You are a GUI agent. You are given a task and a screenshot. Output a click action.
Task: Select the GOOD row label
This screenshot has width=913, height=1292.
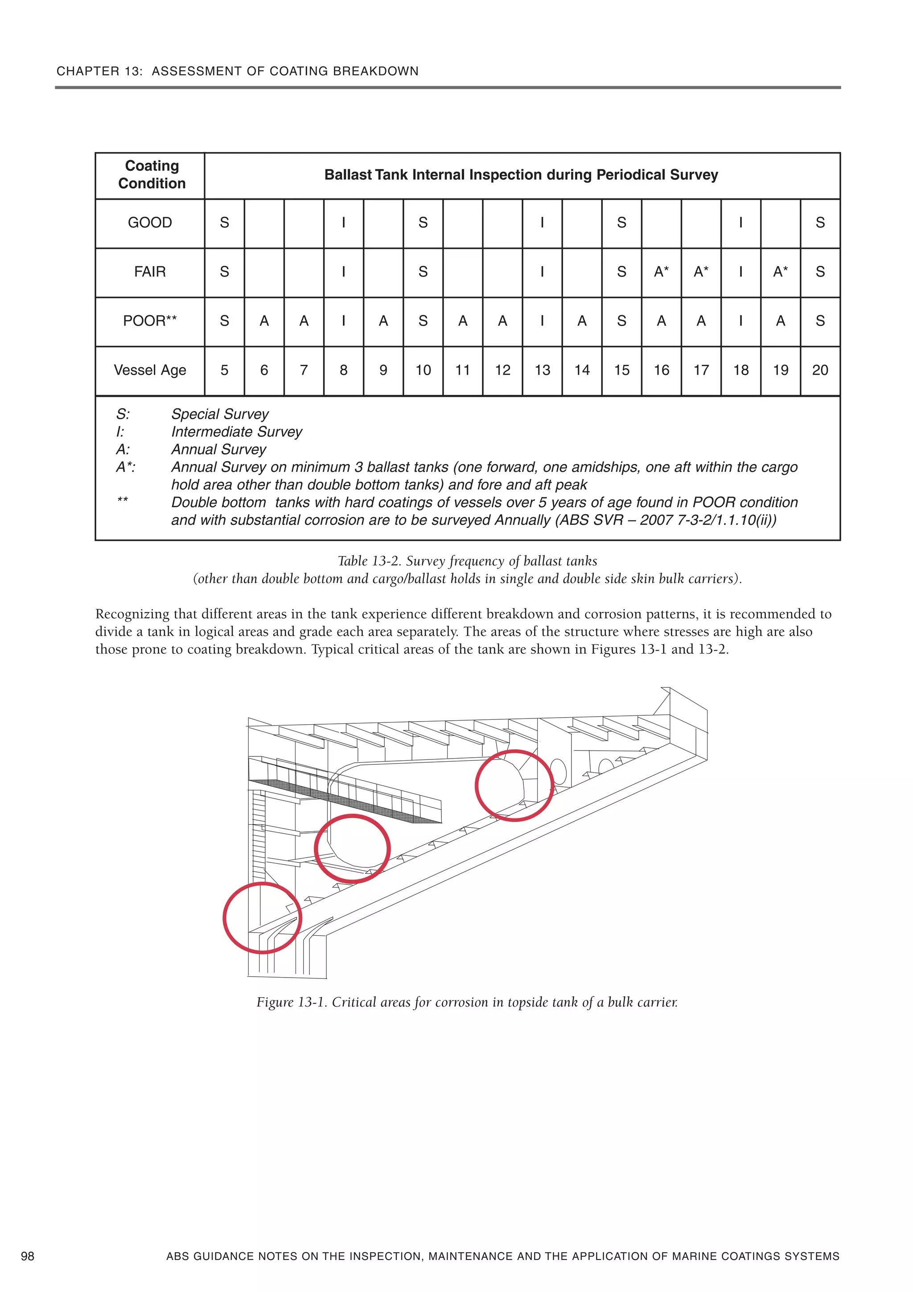[150, 223]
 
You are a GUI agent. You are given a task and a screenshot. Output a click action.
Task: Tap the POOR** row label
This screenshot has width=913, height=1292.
[150, 321]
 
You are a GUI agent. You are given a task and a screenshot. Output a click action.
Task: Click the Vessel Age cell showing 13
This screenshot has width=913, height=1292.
[542, 370]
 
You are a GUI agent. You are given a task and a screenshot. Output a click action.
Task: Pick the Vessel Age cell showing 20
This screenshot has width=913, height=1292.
[820, 370]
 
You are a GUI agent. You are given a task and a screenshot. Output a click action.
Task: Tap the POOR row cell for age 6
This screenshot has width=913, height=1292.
[264, 321]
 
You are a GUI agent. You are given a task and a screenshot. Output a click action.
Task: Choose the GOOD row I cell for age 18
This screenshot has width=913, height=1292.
[740, 223]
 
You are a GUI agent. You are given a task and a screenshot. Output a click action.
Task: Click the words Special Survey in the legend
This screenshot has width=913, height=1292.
[220, 414]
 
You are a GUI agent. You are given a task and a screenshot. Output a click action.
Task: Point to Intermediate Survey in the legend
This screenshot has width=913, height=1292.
[236, 432]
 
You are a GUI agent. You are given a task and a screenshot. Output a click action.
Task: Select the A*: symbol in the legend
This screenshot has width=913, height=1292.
[125, 467]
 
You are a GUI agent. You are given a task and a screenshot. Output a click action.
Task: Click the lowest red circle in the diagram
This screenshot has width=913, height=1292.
[262, 918]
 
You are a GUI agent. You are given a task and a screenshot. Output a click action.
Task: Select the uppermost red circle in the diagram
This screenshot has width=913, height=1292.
[514, 785]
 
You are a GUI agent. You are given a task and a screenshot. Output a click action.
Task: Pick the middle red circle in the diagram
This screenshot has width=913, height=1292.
[352, 849]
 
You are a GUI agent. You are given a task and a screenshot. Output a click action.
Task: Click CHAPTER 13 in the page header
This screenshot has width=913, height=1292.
[99, 71]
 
